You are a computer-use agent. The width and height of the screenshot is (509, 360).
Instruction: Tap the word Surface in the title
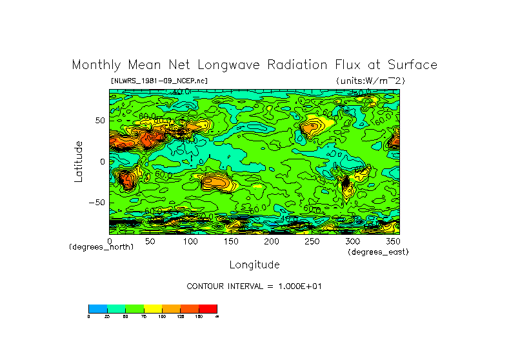[x=412, y=65]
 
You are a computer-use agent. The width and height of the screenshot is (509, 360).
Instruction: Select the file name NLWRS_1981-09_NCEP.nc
[x=159, y=81]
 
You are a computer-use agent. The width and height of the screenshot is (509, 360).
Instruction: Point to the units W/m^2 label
[x=370, y=81]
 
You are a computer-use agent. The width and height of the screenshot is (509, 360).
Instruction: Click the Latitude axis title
[x=79, y=161]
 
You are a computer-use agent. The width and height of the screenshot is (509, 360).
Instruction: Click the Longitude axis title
[x=254, y=265]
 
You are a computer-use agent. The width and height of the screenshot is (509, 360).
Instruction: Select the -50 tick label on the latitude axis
[x=96, y=203]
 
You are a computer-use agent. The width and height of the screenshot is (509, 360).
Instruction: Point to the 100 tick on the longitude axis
[x=190, y=241]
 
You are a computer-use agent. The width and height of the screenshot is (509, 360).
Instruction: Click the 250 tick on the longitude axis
[x=312, y=241]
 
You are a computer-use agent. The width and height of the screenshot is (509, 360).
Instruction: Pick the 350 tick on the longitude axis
[x=392, y=241]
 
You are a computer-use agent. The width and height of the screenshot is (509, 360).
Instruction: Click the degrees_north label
[x=101, y=247]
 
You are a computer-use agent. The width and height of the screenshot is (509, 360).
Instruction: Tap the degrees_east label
[x=378, y=252]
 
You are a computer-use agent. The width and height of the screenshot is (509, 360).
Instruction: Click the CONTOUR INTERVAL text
[x=254, y=286]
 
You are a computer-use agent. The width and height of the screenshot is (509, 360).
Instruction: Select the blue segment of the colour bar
[x=97, y=308]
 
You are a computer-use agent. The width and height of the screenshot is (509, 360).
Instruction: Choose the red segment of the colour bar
[x=208, y=308]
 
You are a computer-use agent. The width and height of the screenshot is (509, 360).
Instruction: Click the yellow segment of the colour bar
[x=152, y=308]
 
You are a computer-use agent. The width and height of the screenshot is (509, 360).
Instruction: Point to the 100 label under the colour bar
[x=162, y=316]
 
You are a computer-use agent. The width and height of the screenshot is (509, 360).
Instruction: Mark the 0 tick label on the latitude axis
[x=101, y=161]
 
